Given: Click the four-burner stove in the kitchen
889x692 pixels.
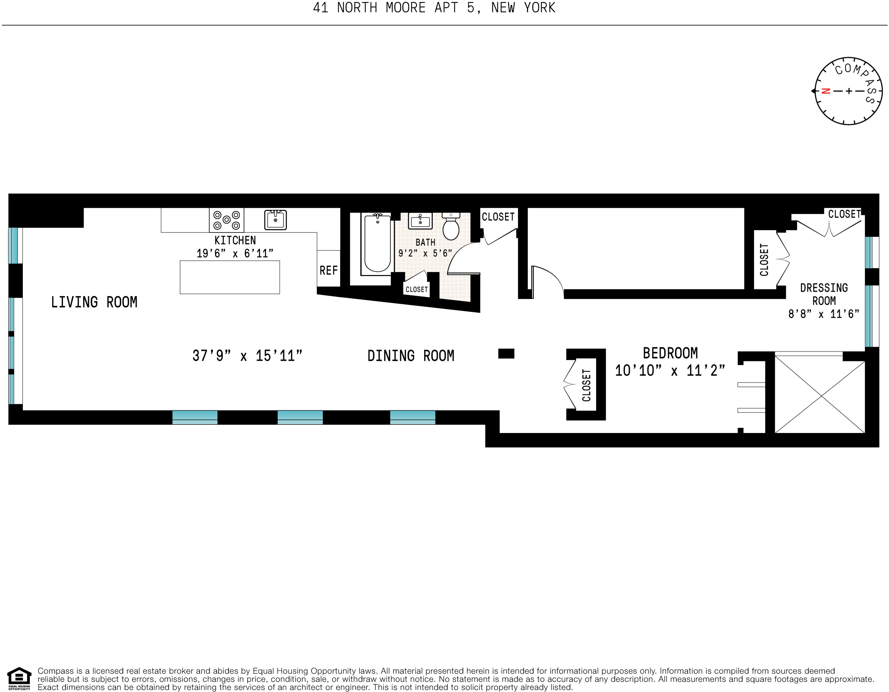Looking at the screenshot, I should coord(227,220).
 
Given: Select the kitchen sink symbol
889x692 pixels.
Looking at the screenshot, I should coord(276,220).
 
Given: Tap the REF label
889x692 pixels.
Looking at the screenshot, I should coord(328,271).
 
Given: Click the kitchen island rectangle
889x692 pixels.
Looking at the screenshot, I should coord(230,277).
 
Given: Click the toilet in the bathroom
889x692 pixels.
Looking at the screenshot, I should coord(451,227).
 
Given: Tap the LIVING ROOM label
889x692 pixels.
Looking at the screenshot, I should coord(94,302).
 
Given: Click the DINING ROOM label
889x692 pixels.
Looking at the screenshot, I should coord(411,356).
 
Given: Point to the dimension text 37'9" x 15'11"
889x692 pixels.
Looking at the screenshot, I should coord(248,356).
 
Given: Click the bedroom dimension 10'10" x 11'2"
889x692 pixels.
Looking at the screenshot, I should coord(670,371).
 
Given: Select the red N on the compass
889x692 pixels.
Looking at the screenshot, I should coord(826,91).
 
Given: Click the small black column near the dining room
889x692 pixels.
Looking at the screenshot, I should coord(506,353).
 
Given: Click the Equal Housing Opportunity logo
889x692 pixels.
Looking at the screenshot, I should coord(19,679).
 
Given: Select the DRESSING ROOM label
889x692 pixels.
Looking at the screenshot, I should coord(824,294).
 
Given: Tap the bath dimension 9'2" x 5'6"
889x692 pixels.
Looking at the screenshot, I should coord(425,254).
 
